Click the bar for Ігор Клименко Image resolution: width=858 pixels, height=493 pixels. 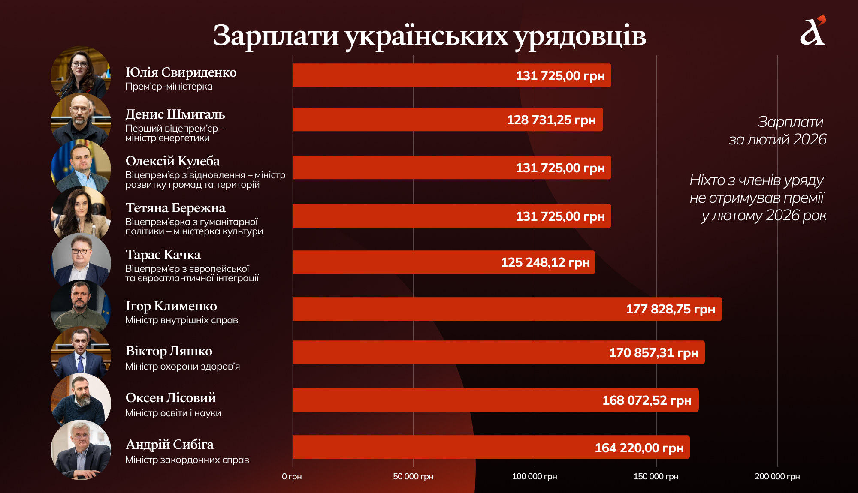pyautogui.click(x=506, y=309)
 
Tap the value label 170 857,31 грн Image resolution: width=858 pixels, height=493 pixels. pyautogui.click(x=653, y=353)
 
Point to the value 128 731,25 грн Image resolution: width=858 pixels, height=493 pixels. pyautogui.click(x=551, y=120)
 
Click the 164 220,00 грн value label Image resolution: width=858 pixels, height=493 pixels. pyautogui.click(x=639, y=448)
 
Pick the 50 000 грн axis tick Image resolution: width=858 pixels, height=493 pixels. pyautogui.click(x=413, y=476)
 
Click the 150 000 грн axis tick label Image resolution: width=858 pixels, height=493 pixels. pyautogui.click(x=656, y=476)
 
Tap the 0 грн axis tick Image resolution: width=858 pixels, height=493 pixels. pyautogui.click(x=292, y=476)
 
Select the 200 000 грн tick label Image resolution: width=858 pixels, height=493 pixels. pyautogui.click(x=777, y=476)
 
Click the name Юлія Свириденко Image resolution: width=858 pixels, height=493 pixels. pyautogui.click(x=181, y=72)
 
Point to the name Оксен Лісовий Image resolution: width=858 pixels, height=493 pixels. pyautogui.click(x=170, y=398)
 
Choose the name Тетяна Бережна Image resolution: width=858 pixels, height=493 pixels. pyautogui.click(x=175, y=208)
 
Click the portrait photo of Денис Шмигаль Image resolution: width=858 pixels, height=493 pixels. pyautogui.click(x=81, y=120)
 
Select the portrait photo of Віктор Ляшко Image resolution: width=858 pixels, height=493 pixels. pyautogui.click(x=81, y=354)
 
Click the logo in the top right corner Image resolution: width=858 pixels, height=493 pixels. pyautogui.click(x=813, y=31)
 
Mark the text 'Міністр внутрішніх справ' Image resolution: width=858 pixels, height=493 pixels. pyautogui.click(x=181, y=320)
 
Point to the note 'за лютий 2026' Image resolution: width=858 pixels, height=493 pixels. pyautogui.click(x=777, y=140)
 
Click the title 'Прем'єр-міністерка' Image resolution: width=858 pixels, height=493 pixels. pyautogui.click(x=169, y=87)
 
